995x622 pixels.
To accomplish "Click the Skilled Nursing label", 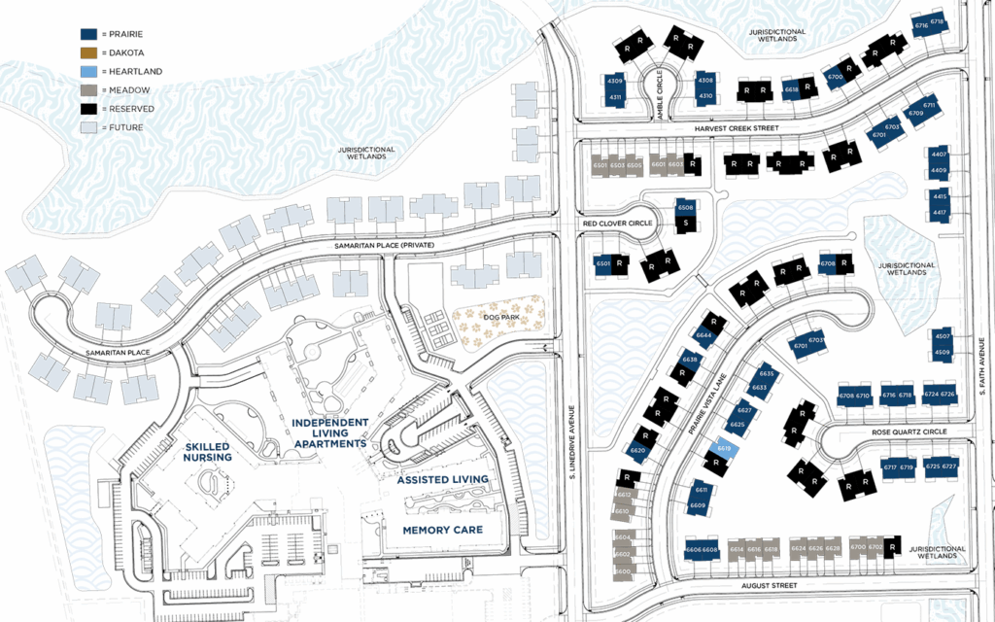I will pos(208,451).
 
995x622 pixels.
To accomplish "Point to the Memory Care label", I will pos(441,530).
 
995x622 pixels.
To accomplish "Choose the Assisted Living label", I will pos(442,479).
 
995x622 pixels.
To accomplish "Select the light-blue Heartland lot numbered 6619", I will pos(723,449).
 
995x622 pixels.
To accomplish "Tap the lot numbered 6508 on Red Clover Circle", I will pos(685,208).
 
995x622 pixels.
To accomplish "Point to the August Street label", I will pos(770,586).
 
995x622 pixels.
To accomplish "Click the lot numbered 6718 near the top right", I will pos(937,21).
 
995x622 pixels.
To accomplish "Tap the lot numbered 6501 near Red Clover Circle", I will pos(601,263).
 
